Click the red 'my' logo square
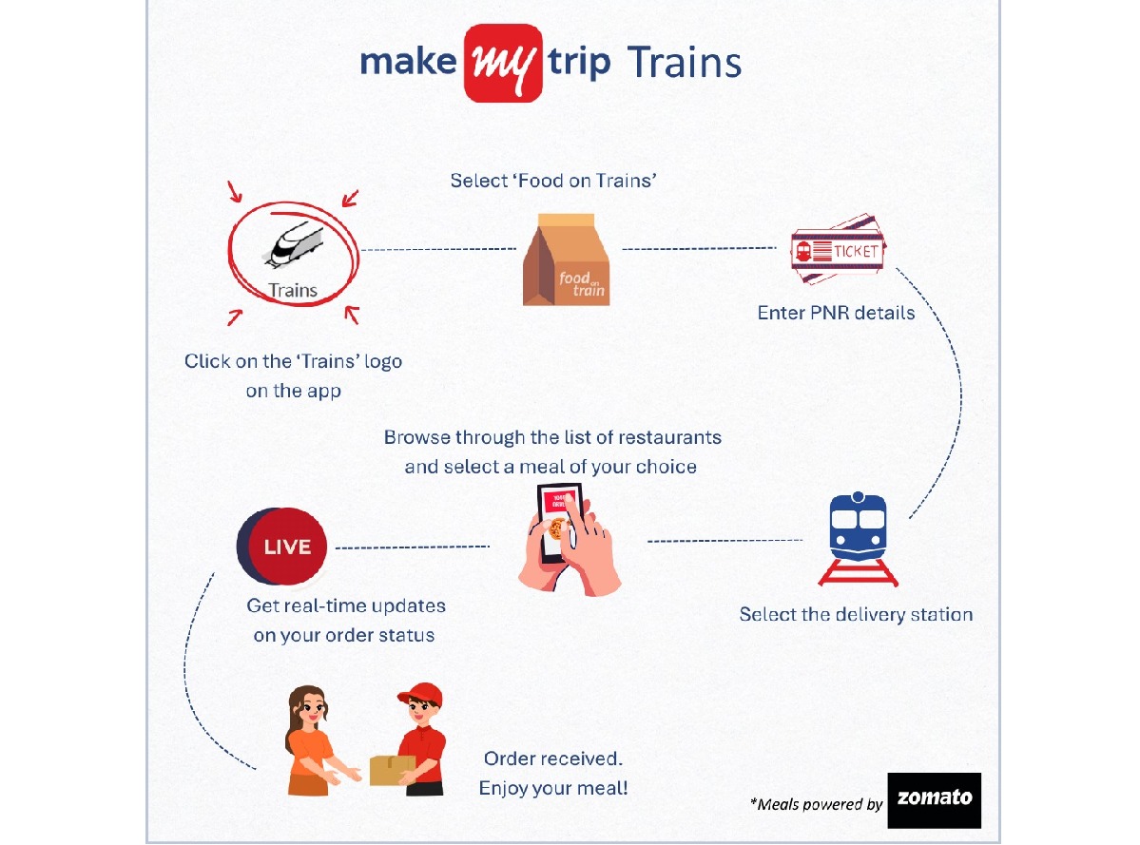click(x=503, y=64)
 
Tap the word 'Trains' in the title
click(x=685, y=63)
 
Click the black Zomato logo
click(x=935, y=800)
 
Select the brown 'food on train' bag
click(x=567, y=259)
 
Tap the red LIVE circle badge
click(x=282, y=547)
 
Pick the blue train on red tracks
click(x=858, y=538)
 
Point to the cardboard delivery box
click(x=393, y=770)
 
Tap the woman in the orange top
click(x=314, y=740)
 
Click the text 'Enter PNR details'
click(x=836, y=313)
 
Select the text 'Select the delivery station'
click(x=856, y=615)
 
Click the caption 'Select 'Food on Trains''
click(x=553, y=181)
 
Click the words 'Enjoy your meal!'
click(x=553, y=788)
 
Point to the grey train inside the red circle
click(x=294, y=244)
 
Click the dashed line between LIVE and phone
click(x=413, y=547)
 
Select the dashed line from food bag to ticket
click(x=700, y=248)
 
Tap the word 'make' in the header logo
click(x=409, y=62)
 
